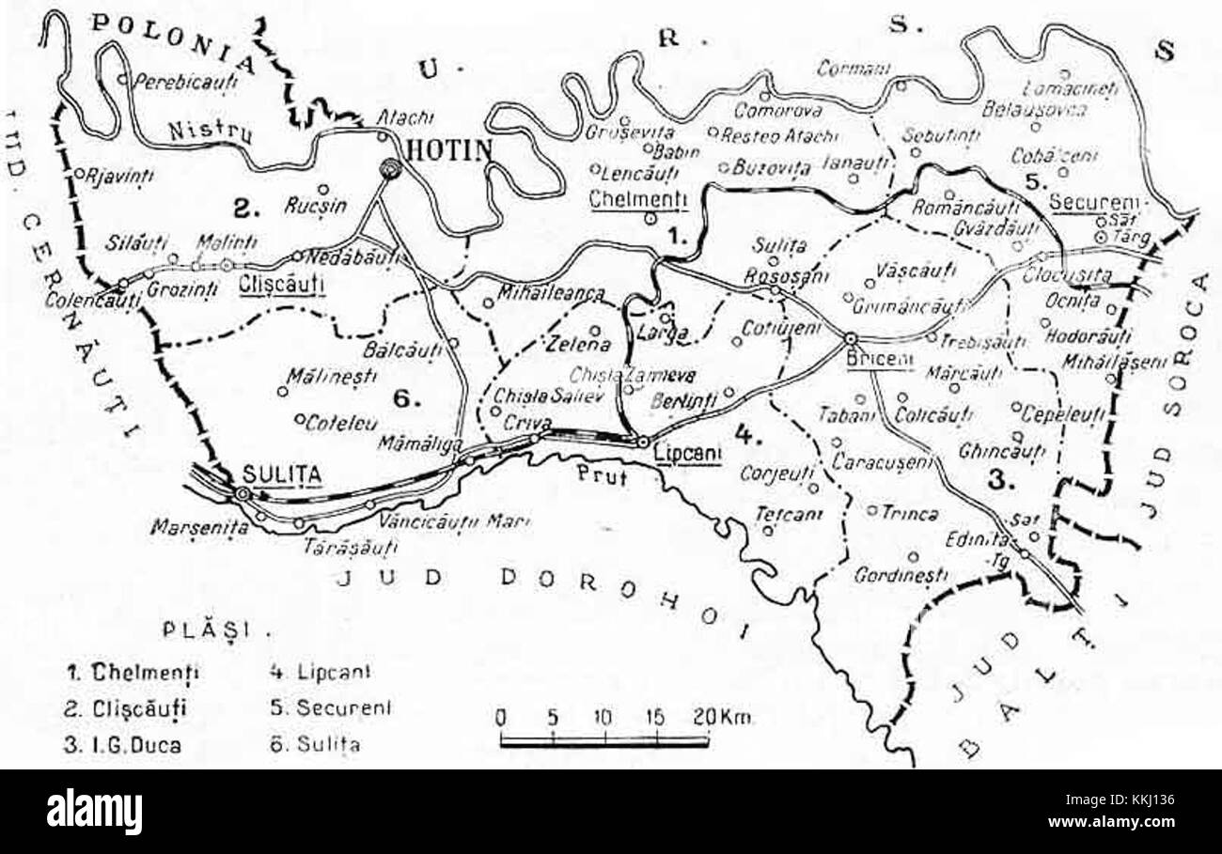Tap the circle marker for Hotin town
(x=389, y=169)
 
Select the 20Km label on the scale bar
(x=726, y=717)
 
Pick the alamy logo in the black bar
(x=94, y=811)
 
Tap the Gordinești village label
(x=900, y=576)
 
